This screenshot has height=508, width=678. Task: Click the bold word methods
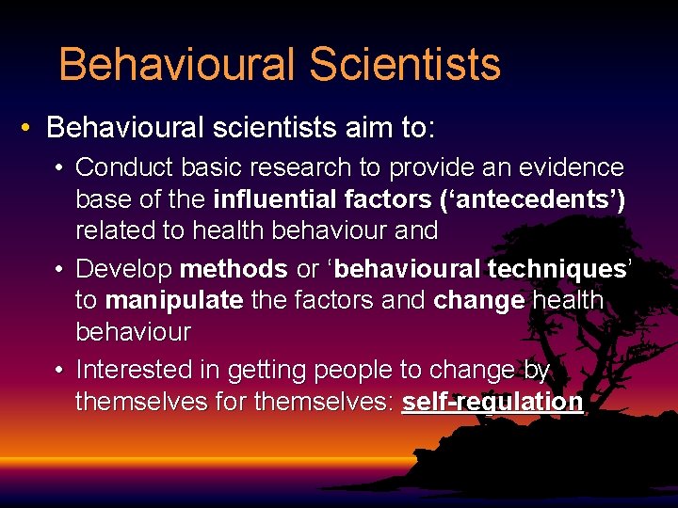click(234, 269)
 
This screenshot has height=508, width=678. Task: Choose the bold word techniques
click(557, 269)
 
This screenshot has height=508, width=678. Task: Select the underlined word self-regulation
click(492, 402)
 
